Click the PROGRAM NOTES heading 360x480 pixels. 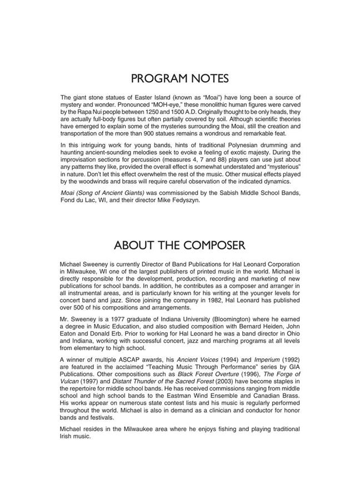[x=180, y=78]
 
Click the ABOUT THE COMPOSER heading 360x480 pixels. [x=180, y=244]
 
